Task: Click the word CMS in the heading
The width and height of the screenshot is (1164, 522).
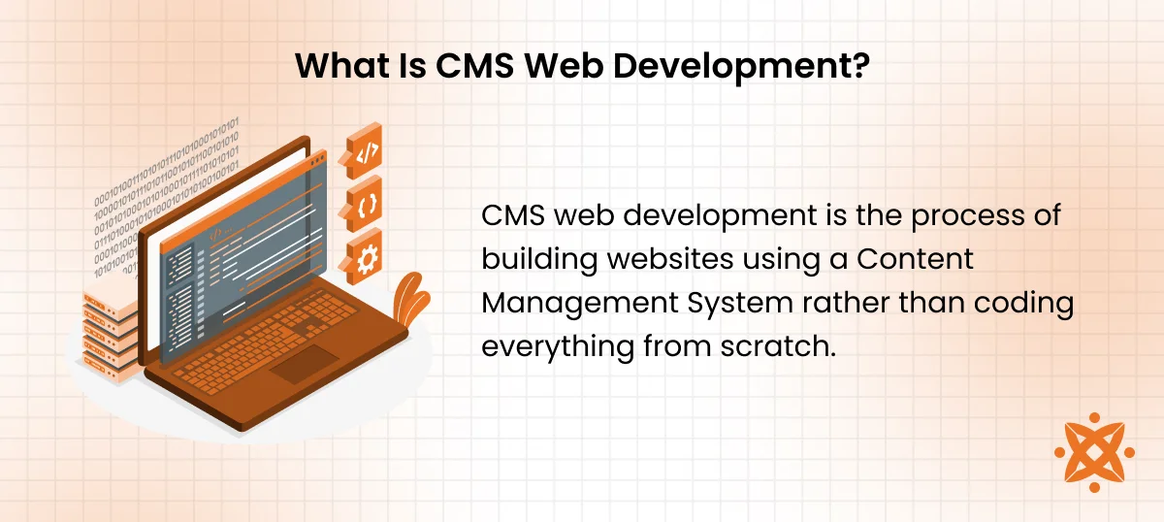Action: (x=474, y=66)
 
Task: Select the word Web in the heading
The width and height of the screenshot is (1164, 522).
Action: (x=564, y=66)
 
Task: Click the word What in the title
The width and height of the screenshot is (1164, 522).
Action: (x=342, y=66)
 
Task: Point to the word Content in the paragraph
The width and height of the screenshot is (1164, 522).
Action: (x=915, y=258)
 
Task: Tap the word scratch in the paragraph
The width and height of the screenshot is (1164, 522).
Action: (x=773, y=346)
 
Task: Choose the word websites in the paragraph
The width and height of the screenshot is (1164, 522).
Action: (x=670, y=258)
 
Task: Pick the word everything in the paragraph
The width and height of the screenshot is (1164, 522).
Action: (x=558, y=347)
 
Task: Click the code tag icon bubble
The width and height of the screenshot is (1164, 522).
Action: (x=363, y=151)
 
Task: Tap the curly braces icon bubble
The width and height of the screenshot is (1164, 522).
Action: (x=363, y=205)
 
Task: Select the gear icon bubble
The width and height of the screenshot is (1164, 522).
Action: (x=363, y=257)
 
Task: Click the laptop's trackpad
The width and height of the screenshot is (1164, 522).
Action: (x=305, y=364)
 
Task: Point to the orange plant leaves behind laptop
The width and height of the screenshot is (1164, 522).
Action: (x=410, y=300)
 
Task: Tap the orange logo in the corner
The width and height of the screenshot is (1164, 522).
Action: (x=1094, y=452)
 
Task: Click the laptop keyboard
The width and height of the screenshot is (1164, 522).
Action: (x=265, y=342)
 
